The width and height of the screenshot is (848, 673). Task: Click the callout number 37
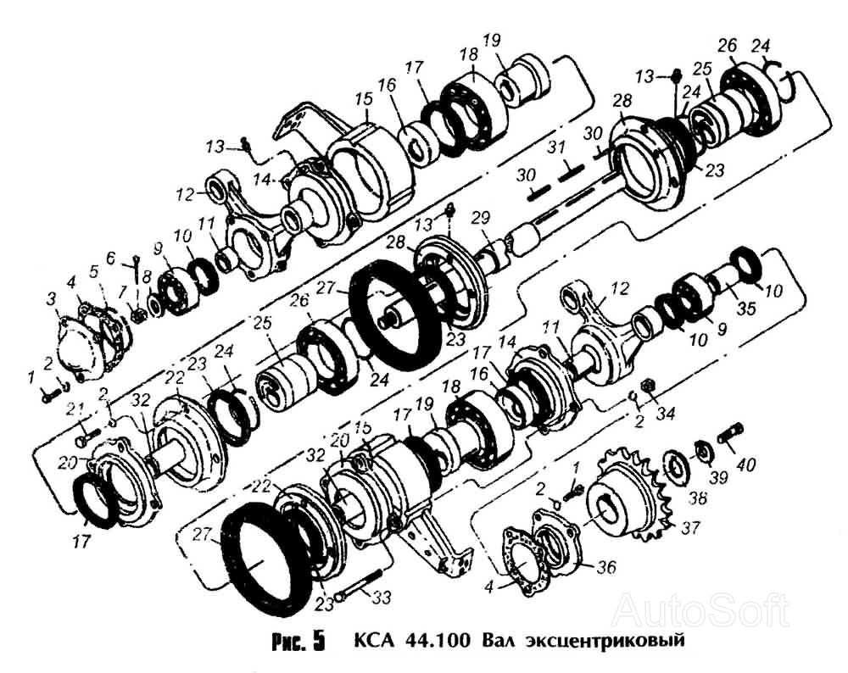tap(690, 528)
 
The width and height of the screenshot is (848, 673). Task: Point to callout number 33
tap(382, 598)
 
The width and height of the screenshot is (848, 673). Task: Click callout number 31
tap(555, 150)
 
